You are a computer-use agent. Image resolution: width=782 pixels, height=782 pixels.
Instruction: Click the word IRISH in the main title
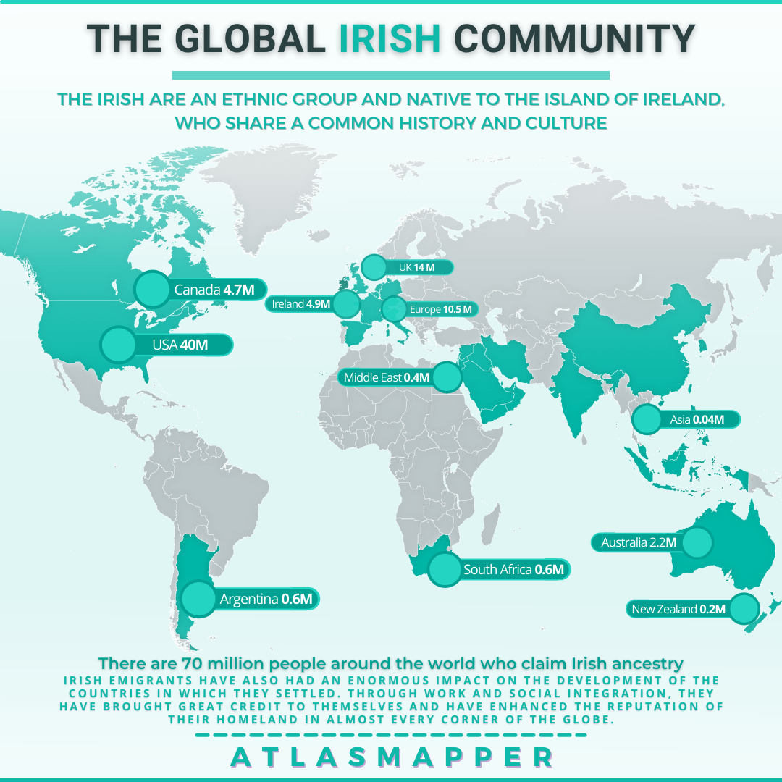[x=390, y=39]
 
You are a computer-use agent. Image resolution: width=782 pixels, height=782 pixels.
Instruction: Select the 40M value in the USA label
[x=193, y=345]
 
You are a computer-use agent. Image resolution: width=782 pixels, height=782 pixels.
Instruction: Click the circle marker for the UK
[x=374, y=267]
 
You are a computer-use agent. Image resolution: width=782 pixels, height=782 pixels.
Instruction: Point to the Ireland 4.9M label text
[x=301, y=305]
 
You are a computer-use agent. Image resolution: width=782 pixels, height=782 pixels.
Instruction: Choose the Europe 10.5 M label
[x=440, y=310]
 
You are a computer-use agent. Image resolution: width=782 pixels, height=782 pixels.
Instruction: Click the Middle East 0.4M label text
[x=387, y=377]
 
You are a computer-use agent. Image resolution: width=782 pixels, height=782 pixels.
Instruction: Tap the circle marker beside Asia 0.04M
[x=646, y=419]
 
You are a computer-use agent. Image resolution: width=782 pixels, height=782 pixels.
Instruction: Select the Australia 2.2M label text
[x=634, y=542]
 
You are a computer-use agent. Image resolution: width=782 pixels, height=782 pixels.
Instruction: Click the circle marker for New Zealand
[x=743, y=609]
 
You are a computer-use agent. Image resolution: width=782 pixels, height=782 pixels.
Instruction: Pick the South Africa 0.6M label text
[x=513, y=570]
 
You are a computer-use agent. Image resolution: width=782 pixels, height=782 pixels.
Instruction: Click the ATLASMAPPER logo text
[x=391, y=757]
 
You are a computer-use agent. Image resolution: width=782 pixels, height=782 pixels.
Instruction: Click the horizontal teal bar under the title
[x=390, y=75]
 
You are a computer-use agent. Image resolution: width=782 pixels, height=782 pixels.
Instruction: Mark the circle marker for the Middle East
[x=447, y=377]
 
